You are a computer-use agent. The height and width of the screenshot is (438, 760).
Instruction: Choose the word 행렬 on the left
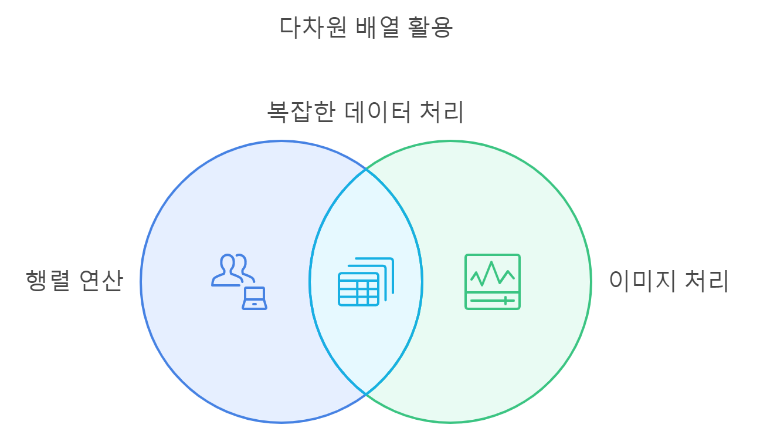click(x=48, y=281)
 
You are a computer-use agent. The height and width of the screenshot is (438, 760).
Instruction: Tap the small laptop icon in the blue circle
click(x=255, y=298)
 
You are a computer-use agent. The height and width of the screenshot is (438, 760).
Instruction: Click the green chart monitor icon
click(x=493, y=282)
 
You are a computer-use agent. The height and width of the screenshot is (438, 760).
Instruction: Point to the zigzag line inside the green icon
click(x=493, y=272)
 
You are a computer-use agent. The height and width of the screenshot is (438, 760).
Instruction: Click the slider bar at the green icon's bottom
click(x=493, y=301)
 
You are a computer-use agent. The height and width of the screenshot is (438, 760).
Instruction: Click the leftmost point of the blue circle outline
click(x=141, y=282)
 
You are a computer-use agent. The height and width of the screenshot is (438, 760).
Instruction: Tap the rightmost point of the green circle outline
click(x=591, y=282)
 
